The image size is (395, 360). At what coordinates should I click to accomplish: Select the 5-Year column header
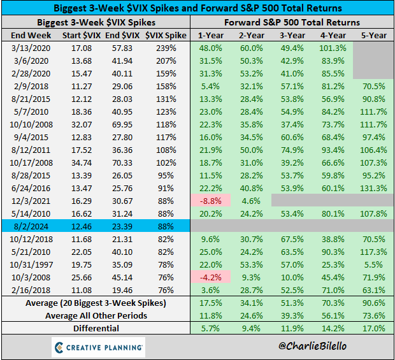tap(373, 34)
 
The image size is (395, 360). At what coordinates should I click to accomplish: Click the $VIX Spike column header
tap(165, 34)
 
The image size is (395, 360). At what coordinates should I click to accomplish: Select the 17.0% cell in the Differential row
tap(373, 328)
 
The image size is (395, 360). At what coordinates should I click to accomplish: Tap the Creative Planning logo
tap(98, 347)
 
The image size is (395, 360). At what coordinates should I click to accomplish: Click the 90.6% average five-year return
tap(373, 303)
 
